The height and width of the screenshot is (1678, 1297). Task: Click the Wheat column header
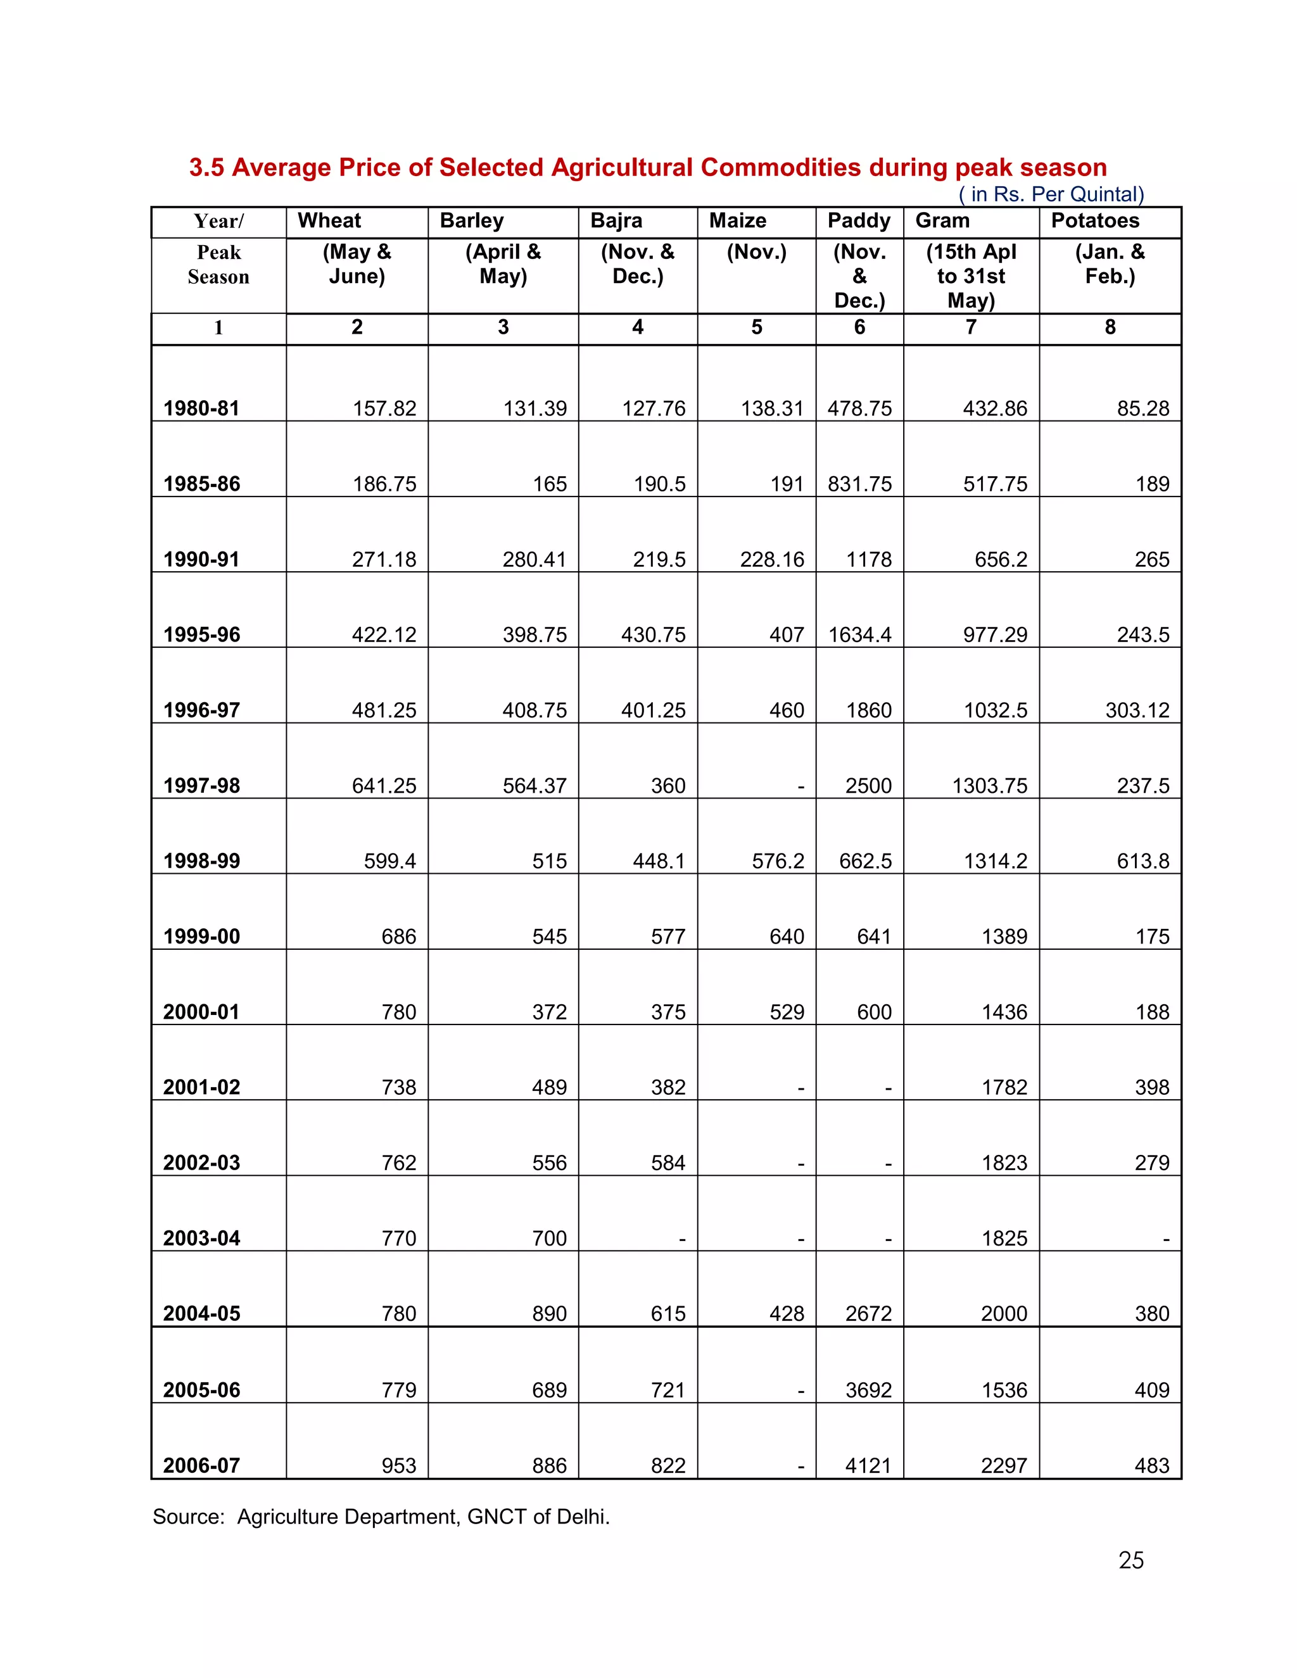(329, 220)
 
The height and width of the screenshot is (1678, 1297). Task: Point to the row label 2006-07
(201, 1465)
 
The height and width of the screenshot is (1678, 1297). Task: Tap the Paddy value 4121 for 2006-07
(868, 1465)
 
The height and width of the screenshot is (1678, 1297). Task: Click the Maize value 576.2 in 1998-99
(778, 861)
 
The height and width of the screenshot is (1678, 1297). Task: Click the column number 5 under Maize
(756, 327)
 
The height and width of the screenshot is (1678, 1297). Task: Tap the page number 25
(1130, 1560)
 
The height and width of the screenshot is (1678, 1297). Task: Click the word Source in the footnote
(187, 1517)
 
